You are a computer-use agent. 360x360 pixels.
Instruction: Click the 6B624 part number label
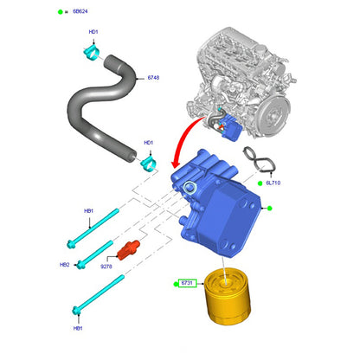(80, 11)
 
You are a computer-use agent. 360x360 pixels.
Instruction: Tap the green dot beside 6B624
(61, 12)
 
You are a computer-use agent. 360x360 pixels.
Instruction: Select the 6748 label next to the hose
(153, 78)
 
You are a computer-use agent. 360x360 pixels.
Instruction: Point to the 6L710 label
(273, 183)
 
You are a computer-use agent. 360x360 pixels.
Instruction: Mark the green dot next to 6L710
(260, 183)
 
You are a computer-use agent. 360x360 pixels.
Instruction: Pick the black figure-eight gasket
(260, 160)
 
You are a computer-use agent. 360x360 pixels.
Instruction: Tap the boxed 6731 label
(187, 283)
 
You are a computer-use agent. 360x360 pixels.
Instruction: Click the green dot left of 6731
(176, 284)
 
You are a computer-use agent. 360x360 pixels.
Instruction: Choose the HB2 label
(65, 265)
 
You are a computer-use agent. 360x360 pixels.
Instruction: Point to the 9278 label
(106, 267)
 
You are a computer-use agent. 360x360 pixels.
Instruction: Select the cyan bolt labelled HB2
(94, 254)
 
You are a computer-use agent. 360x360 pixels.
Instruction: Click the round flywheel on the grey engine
(273, 115)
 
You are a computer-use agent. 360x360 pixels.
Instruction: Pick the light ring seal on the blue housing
(190, 188)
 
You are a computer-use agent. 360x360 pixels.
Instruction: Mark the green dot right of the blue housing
(270, 208)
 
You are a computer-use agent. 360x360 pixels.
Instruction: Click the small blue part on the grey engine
(231, 127)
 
